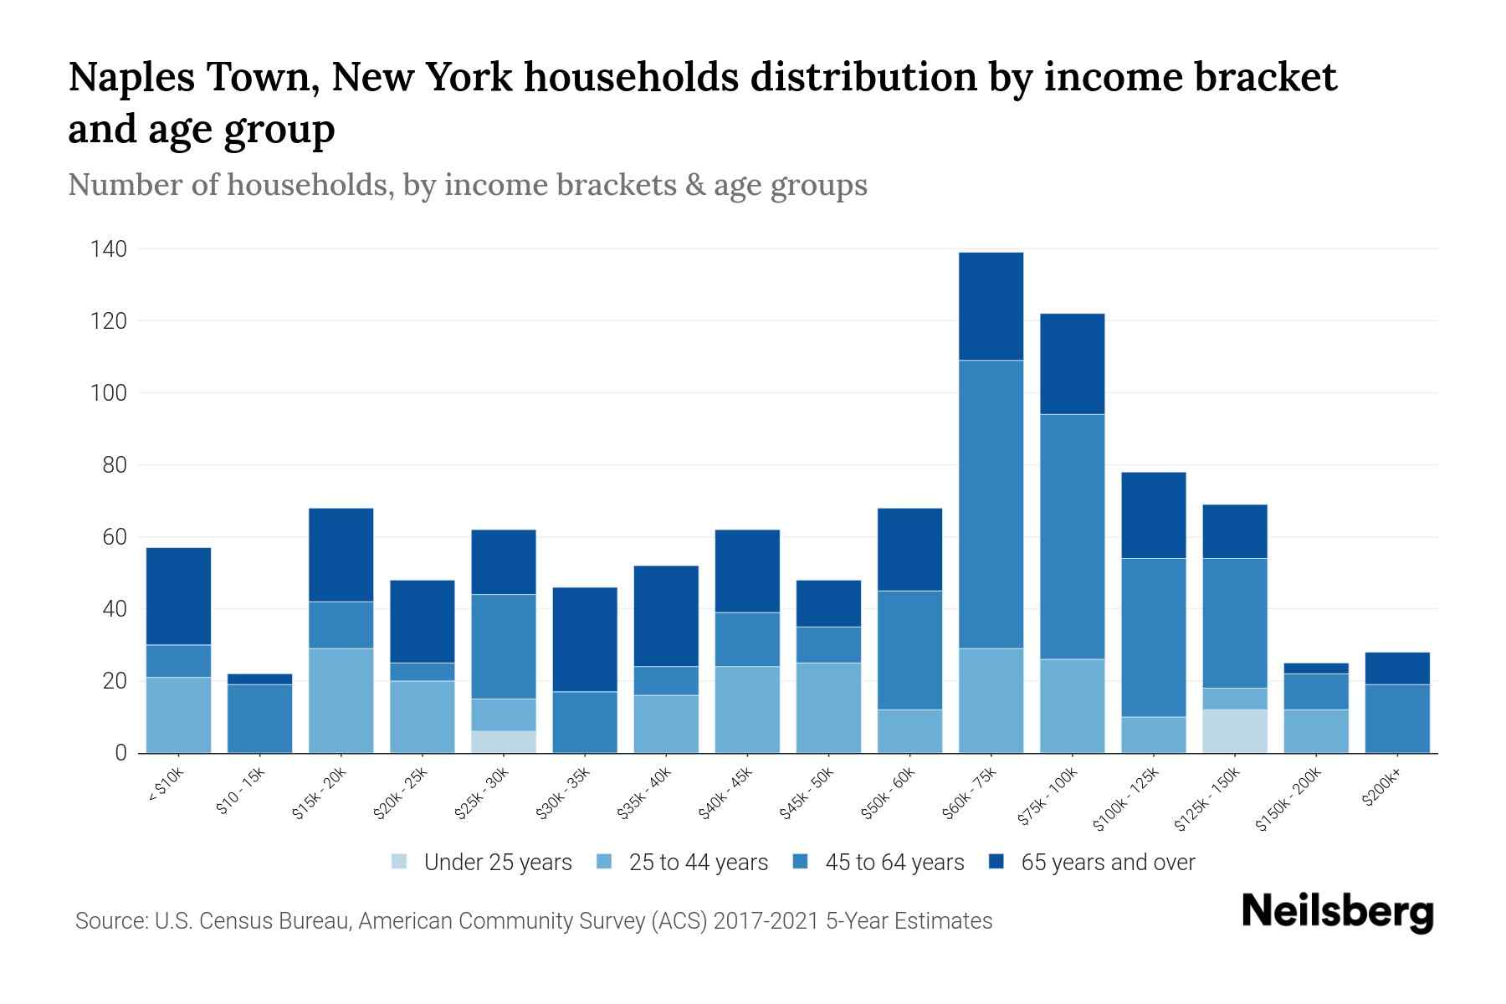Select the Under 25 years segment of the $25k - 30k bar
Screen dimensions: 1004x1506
(504, 742)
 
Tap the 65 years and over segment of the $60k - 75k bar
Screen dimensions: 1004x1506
(991, 306)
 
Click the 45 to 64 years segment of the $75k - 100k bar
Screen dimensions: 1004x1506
(1072, 536)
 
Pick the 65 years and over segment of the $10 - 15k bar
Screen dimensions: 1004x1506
(259, 679)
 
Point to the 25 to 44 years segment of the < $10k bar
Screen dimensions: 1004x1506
(178, 715)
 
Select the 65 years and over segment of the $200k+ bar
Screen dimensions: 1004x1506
(1396, 668)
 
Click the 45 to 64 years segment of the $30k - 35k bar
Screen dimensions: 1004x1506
(585, 722)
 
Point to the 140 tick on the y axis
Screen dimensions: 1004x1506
(109, 249)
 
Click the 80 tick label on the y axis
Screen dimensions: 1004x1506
(114, 465)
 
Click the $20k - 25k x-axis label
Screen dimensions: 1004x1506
(401, 794)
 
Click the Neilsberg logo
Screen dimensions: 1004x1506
(1337, 912)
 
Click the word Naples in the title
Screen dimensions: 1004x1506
(131, 78)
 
